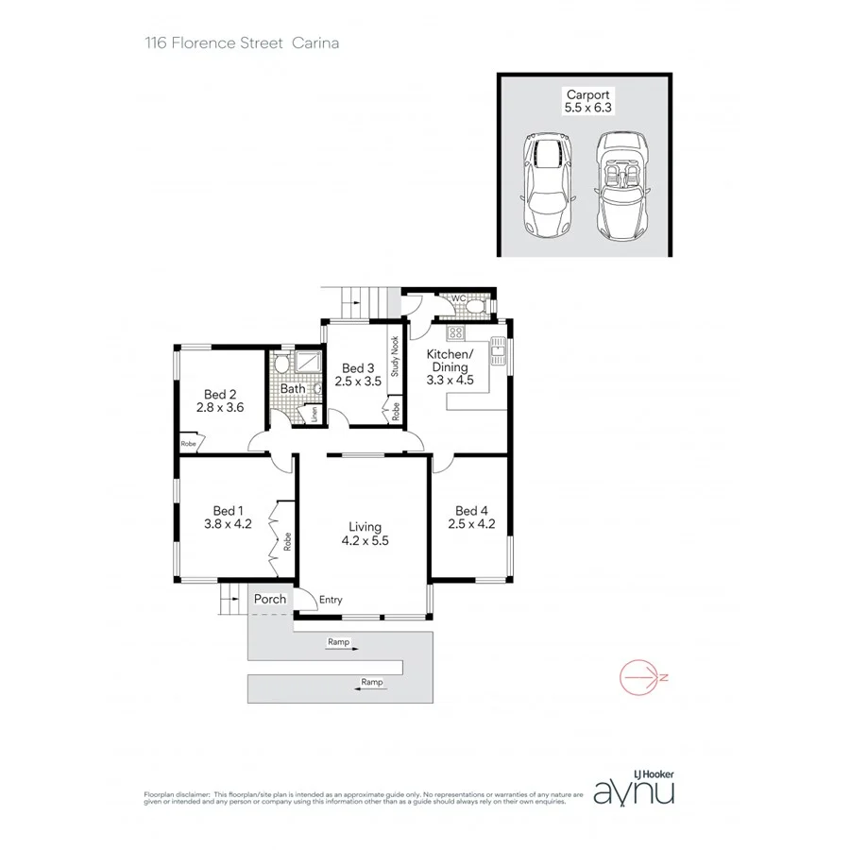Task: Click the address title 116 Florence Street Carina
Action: [x=242, y=42]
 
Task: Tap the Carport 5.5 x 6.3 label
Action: [x=588, y=101]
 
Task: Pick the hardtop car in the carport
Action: [x=547, y=184]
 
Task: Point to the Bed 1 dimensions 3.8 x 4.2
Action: [x=227, y=524]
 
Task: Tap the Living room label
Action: [x=365, y=527]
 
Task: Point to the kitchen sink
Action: [x=499, y=353]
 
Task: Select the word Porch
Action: [x=269, y=599]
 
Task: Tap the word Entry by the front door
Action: [x=331, y=600]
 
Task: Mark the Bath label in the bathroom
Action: [x=292, y=388]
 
